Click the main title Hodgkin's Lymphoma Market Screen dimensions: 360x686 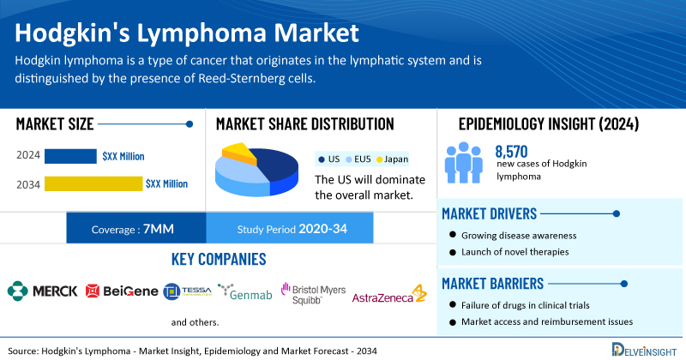pyautogui.click(x=187, y=34)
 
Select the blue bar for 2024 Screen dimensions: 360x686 pyautogui.click(x=70, y=156)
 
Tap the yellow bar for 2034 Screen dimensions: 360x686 pyautogui.click(x=93, y=183)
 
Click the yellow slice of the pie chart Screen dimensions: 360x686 pyautogui.click(x=239, y=154)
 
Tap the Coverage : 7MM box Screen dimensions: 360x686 pyautogui.click(x=135, y=228)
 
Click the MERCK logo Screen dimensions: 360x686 pyautogui.click(x=42, y=291)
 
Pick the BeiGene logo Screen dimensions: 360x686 pyautogui.click(x=122, y=291)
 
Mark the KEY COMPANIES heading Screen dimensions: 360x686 pyautogui.click(x=218, y=259)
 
